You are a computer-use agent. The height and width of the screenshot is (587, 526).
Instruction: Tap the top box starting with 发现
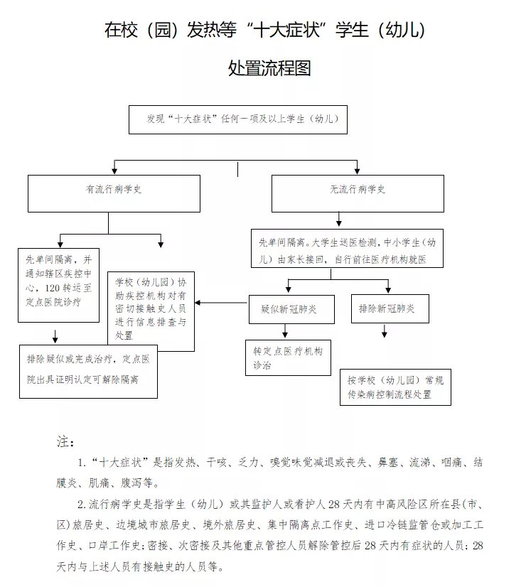[237, 119]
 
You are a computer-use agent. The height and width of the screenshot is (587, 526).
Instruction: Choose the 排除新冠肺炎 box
[388, 309]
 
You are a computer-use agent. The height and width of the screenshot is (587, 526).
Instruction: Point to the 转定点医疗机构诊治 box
[288, 357]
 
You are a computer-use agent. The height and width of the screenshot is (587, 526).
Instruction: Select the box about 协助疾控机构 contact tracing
[151, 310]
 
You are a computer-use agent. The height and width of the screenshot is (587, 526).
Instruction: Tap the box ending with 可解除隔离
[88, 370]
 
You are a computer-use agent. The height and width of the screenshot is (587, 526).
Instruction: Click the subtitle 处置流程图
[269, 68]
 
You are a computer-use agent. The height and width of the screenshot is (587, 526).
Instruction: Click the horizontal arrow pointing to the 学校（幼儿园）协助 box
[220, 303]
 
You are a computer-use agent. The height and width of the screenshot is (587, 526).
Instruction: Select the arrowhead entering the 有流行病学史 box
[115, 171]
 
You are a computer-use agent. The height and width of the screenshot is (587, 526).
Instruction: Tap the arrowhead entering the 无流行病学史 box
[357, 171]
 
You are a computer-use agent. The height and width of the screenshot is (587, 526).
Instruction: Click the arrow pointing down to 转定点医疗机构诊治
[286, 331]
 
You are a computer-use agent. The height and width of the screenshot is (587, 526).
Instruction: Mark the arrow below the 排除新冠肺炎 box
[385, 332]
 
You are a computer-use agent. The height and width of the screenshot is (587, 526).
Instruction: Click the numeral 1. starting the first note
[83, 463]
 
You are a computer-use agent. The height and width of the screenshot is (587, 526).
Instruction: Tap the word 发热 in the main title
[204, 31]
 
